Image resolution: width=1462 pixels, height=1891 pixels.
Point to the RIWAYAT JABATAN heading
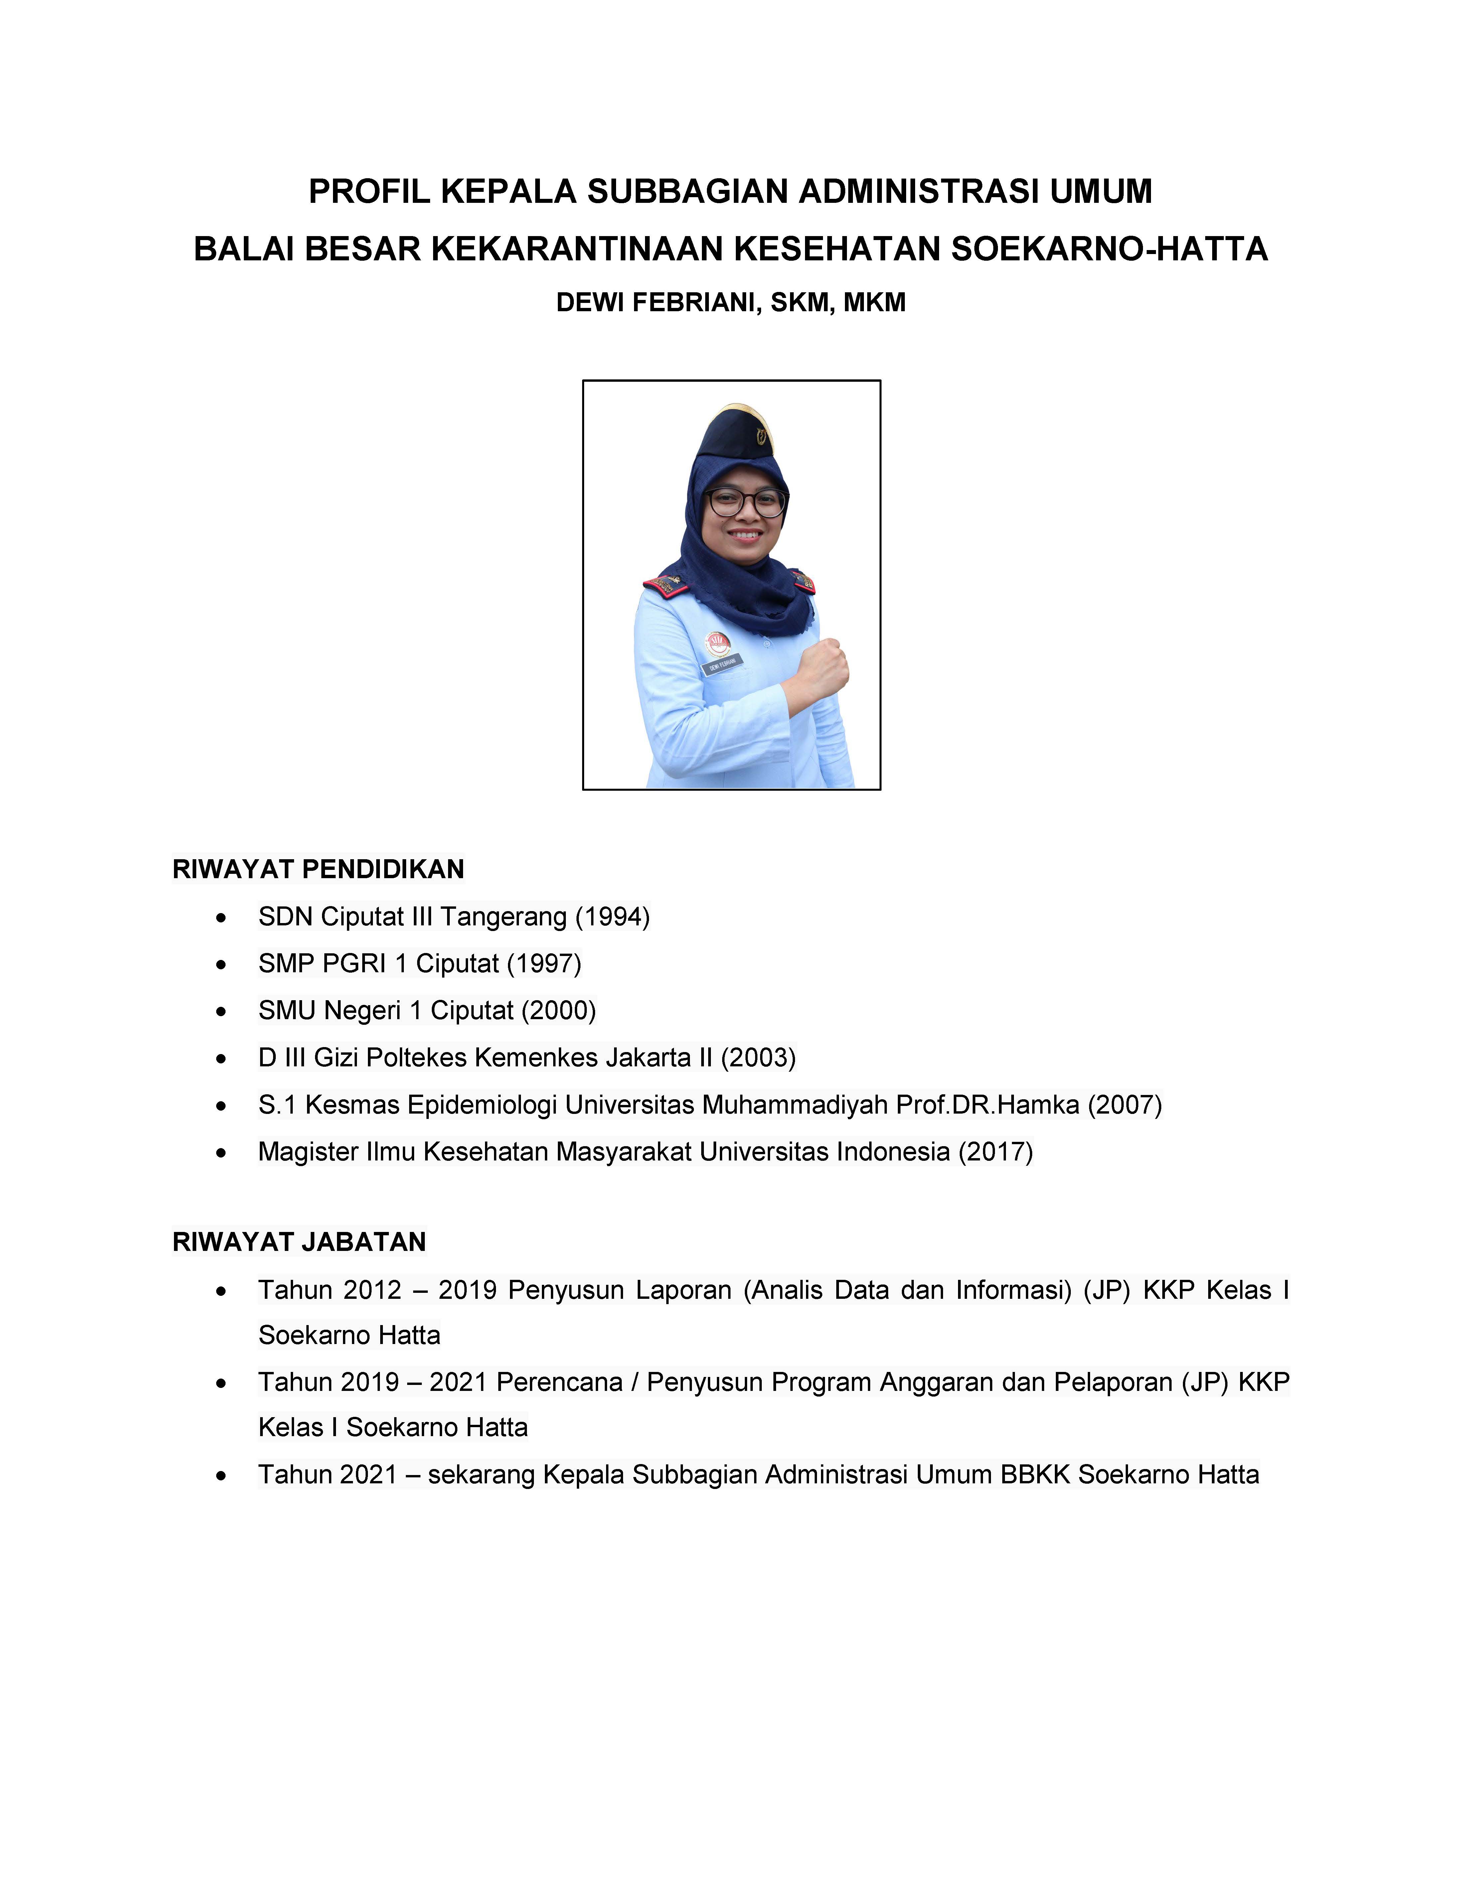[x=299, y=1242]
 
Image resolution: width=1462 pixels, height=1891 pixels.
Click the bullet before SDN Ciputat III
[x=223, y=917]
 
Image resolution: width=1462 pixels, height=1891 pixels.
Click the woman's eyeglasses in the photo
[x=745, y=502]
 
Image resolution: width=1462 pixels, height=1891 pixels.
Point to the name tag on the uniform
[x=722, y=665]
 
